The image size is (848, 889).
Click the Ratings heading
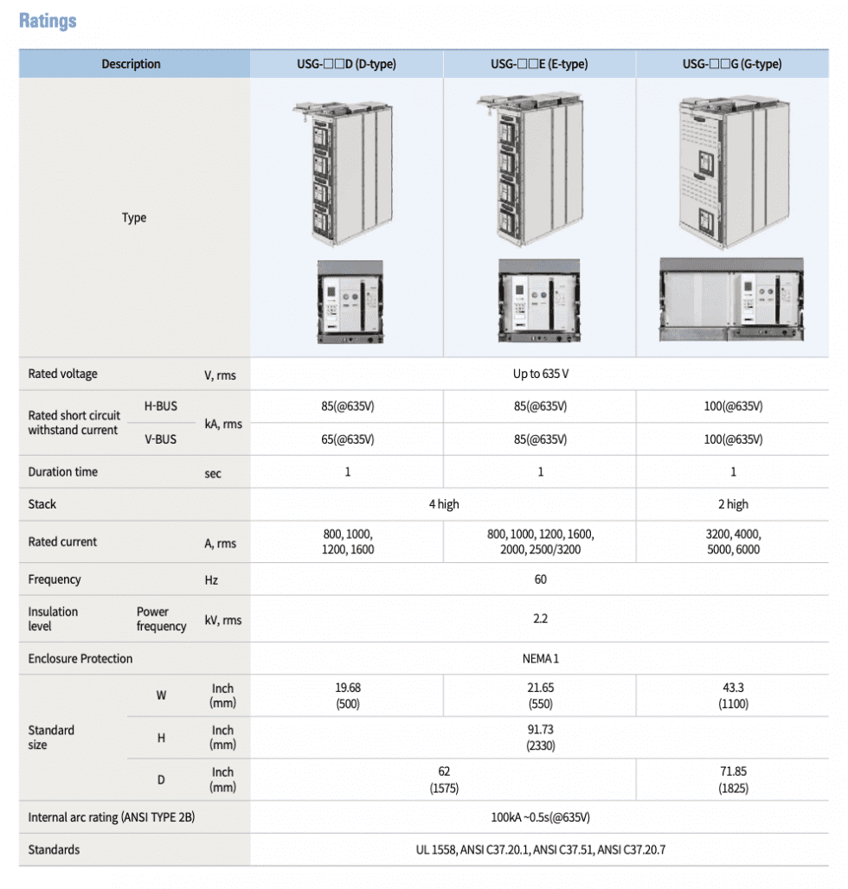[x=48, y=20]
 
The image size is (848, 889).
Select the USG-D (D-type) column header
[x=346, y=64]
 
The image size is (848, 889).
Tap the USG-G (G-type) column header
[x=732, y=64]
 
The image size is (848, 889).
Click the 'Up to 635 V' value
[x=540, y=374]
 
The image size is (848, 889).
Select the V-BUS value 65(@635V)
[x=347, y=439]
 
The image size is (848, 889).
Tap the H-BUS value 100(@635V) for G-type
[x=733, y=406]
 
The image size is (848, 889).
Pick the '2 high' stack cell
[x=733, y=504]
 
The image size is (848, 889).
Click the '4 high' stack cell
[x=444, y=504]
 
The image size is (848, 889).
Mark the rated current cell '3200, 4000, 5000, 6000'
[x=733, y=541]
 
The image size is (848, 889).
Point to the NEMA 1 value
[x=540, y=658]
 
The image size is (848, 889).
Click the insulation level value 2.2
[x=540, y=618]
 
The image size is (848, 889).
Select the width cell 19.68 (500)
[x=347, y=696]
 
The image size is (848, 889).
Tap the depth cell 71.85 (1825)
[x=733, y=780]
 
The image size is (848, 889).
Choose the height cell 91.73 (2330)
[x=540, y=738]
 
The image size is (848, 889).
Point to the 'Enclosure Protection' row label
[x=80, y=659]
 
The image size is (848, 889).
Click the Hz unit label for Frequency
[x=211, y=580]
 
